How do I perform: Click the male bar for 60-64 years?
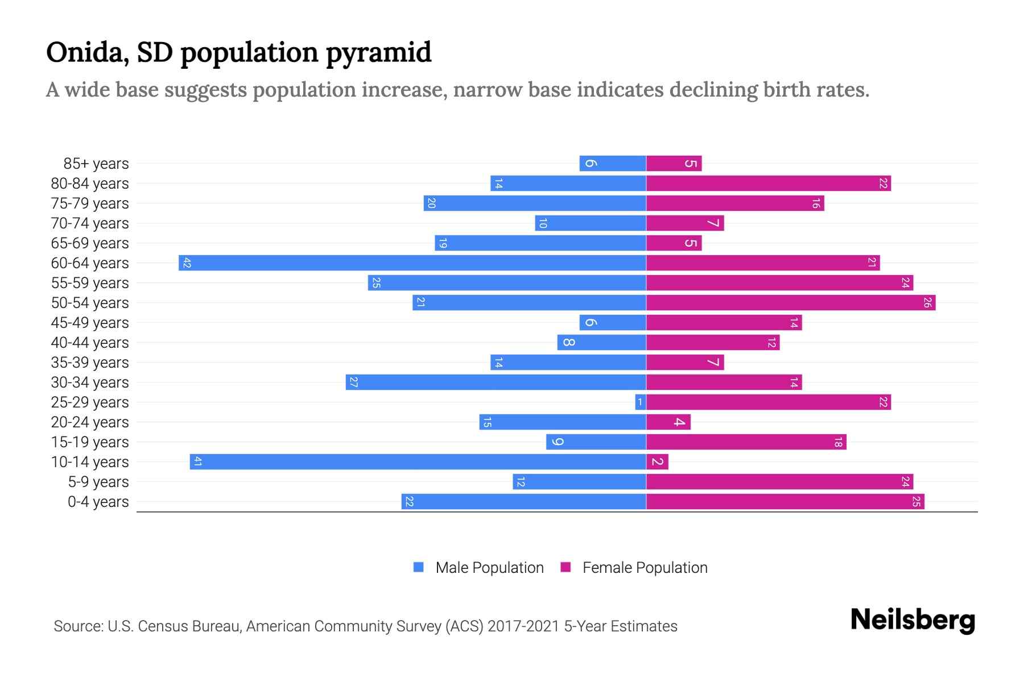pos(412,263)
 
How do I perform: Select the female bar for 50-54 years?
pos(791,303)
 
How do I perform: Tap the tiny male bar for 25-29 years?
pos(641,402)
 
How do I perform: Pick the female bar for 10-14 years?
pos(657,462)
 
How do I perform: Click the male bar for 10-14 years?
pos(418,462)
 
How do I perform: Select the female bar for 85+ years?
pos(674,164)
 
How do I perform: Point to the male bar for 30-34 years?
pos(496,382)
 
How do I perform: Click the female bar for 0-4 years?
pos(785,502)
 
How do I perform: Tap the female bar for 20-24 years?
pos(668,422)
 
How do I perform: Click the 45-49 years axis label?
pos(90,323)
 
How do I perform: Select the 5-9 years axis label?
pos(98,482)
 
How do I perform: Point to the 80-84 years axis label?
pos(90,184)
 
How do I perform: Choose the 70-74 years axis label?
pos(90,223)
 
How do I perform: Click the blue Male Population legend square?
pos(419,567)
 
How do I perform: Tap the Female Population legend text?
pos(645,568)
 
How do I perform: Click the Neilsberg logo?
pos(912,620)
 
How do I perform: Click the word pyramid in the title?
pos(379,53)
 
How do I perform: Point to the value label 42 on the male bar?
pos(187,263)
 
